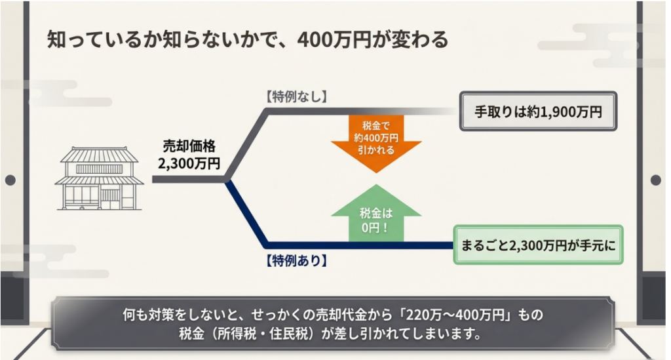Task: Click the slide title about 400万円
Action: click(x=247, y=40)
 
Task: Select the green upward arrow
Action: click(x=376, y=214)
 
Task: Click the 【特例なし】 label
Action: click(x=296, y=96)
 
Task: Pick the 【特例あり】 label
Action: click(x=296, y=260)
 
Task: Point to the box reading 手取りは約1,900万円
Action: click(x=538, y=111)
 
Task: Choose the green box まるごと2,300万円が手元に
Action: click(x=538, y=245)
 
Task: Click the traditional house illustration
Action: click(x=100, y=178)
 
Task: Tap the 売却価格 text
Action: click(x=189, y=146)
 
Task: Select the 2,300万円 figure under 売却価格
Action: click(x=189, y=163)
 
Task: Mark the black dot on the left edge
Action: click(x=10, y=180)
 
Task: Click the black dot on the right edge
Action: click(x=655, y=180)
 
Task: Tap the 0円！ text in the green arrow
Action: click(x=375, y=228)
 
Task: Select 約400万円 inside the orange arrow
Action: click(x=376, y=138)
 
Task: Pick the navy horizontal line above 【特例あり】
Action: click(x=360, y=245)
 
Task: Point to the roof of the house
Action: click(x=100, y=154)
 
